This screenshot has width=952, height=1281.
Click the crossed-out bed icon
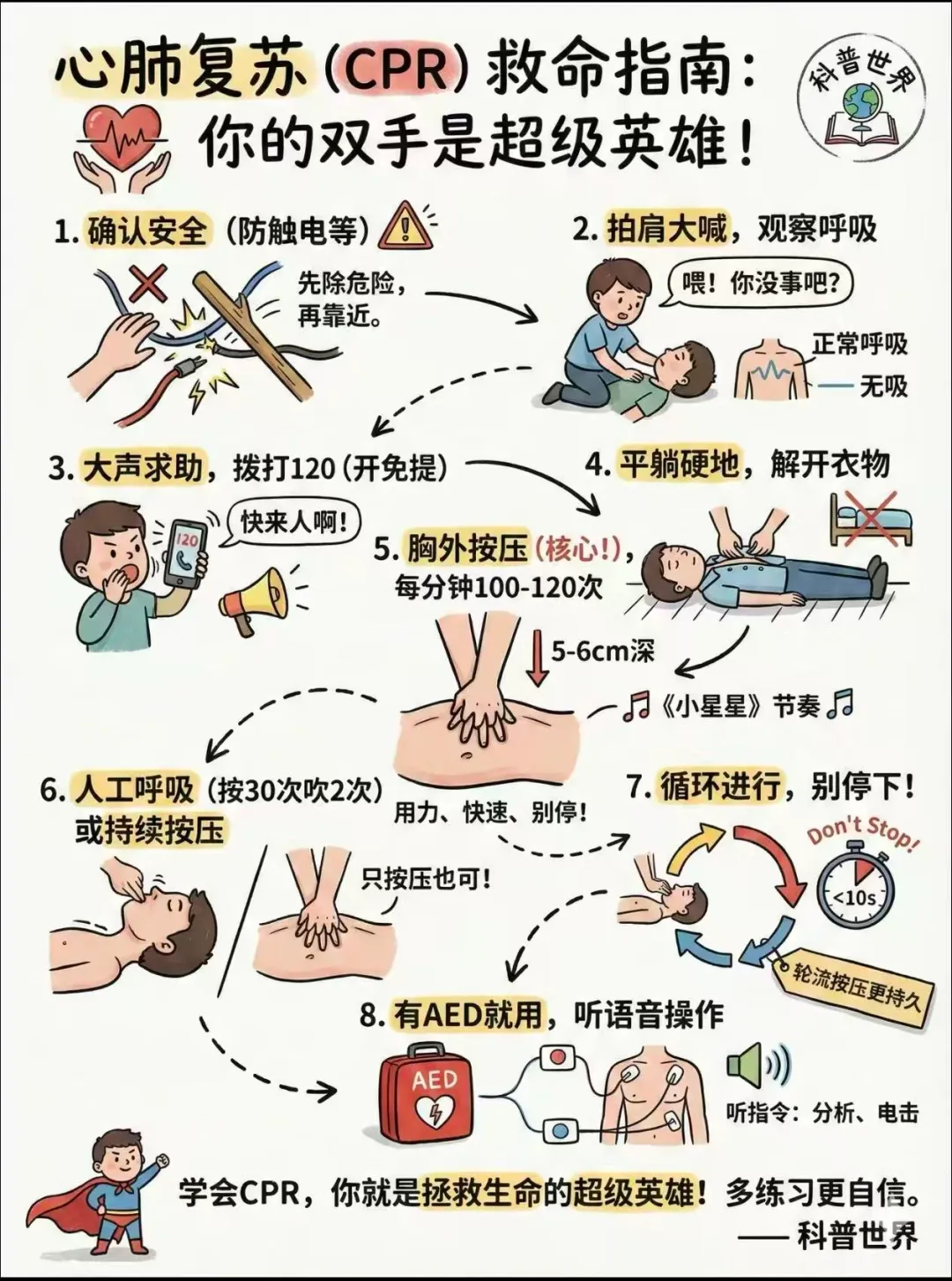(x=871, y=518)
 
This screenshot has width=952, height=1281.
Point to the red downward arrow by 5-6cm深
(x=538, y=659)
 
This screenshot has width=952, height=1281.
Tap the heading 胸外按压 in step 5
(x=467, y=551)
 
